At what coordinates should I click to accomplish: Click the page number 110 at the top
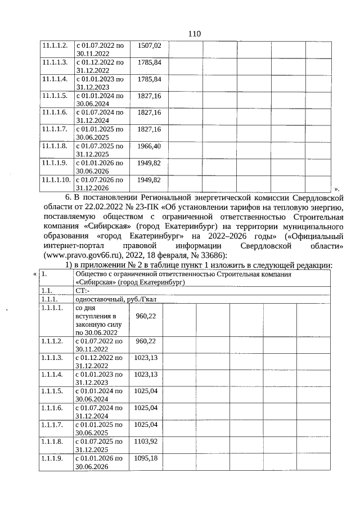194,33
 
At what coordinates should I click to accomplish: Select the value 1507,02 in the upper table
150,45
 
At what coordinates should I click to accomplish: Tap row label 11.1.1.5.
54,96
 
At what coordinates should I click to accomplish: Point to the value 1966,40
150,146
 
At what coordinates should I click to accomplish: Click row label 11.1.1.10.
56,180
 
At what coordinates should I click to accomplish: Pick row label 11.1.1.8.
54,146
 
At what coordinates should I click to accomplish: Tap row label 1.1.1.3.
53,358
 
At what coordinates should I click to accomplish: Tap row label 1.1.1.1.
53,309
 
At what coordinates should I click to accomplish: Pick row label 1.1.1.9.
53,458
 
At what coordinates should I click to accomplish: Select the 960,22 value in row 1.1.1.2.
146,341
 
